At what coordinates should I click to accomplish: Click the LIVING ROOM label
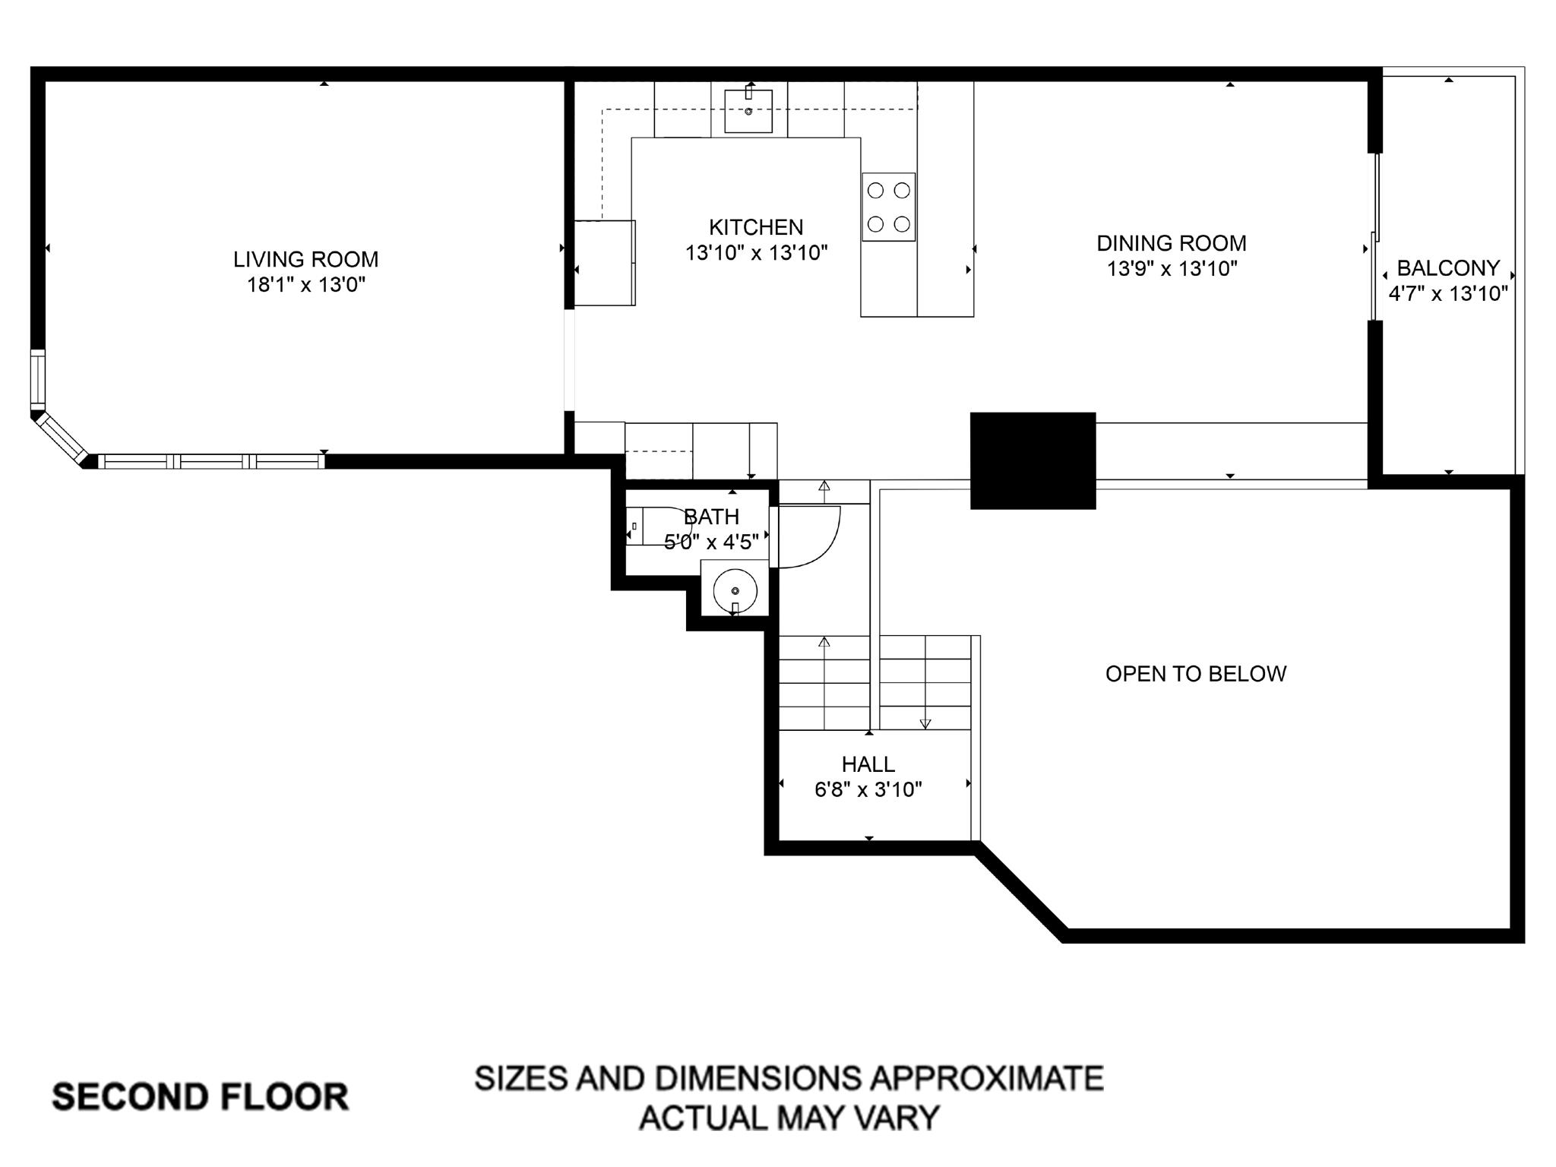click(x=305, y=260)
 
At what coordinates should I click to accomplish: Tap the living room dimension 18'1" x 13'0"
click(x=305, y=286)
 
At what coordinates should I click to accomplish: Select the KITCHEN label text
click(x=755, y=227)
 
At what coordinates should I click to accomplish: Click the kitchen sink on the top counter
click(x=748, y=111)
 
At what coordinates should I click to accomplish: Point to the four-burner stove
click(x=888, y=207)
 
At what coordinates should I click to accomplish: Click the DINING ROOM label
click(x=1171, y=243)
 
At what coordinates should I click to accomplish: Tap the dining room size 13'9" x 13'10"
click(x=1171, y=269)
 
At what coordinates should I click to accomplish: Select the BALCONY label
click(x=1448, y=268)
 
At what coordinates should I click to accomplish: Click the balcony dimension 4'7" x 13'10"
click(x=1448, y=294)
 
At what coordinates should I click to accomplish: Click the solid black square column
click(x=1033, y=460)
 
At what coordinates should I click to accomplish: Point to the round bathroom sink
click(x=735, y=590)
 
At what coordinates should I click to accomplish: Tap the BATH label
click(x=711, y=517)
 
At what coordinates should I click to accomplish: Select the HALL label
click(x=868, y=764)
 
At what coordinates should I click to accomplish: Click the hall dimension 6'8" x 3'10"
click(x=868, y=790)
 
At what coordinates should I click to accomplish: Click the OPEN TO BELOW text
click(x=1195, y=674)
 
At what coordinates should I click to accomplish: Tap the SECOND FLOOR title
click(x=200, y=1097)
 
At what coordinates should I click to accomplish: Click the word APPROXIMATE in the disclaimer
click(x=986, y=1078)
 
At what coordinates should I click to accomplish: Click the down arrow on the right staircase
click(x=925, y=723)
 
